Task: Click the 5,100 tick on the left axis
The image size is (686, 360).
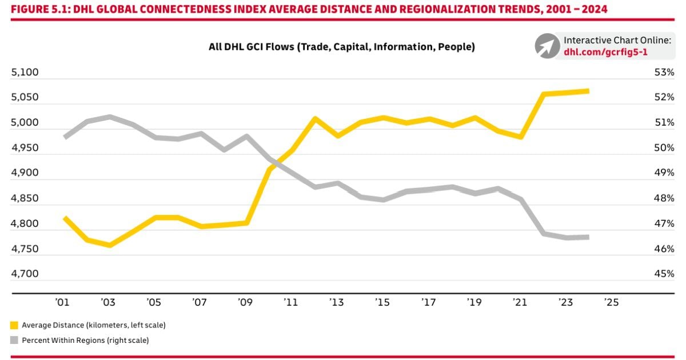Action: click(x=25, y=73)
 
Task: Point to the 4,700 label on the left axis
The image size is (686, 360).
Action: click(x=25, y=274)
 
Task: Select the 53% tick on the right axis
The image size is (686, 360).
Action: click(x=664, y=73)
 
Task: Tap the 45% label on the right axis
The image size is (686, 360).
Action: click(x=664, y=274)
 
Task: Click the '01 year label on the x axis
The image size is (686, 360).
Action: click(x=62, y=302)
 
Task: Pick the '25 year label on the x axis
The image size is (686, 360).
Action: click(x=612, y=302)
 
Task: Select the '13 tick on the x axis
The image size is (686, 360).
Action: click(x=337, y=302)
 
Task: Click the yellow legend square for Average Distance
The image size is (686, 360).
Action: click(x=14, y=325)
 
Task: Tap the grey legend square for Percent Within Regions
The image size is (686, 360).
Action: click(x=14, y=340)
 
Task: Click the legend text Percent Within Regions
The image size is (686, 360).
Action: click(x=85, y=340)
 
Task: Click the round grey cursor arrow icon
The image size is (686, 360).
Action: click(x=547, y=46)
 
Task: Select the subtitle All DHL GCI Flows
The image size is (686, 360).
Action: click(x=342, y=47)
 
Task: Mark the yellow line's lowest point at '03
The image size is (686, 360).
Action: click(x=109, y=245)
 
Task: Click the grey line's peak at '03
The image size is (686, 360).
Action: click(x=109, y=117)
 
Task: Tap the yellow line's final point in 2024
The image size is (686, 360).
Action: click(x=588, y=91)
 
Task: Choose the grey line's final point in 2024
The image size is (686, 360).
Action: click(x=588, y=237)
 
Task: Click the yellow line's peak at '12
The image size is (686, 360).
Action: click(x=314, y=119)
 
